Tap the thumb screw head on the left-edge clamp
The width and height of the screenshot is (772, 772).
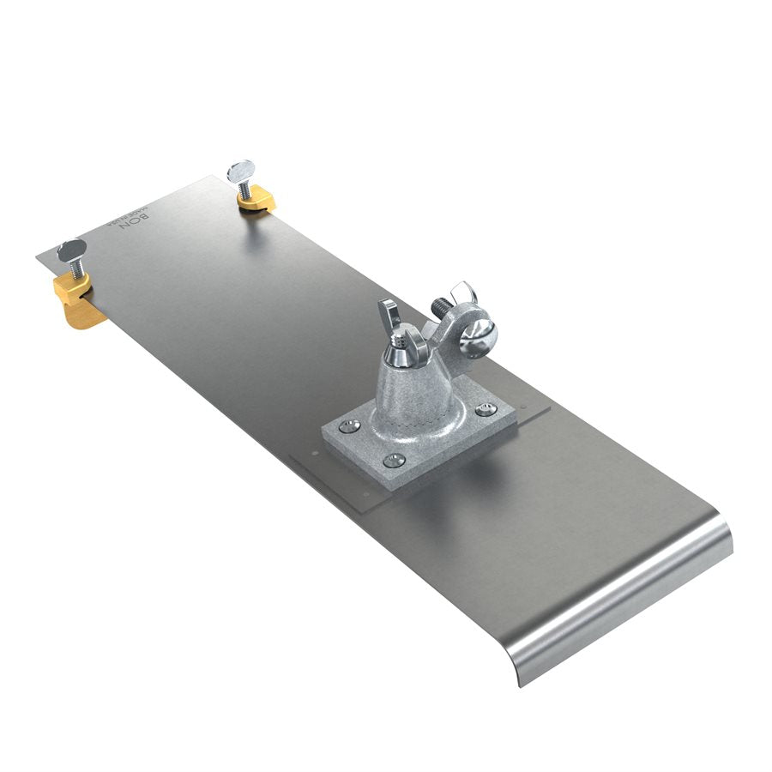coord(72,250)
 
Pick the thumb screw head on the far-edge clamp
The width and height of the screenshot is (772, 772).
coord(241,170)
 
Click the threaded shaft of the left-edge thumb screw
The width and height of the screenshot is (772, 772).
coord(75,270)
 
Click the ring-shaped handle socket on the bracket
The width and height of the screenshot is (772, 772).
coord(467,330)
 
